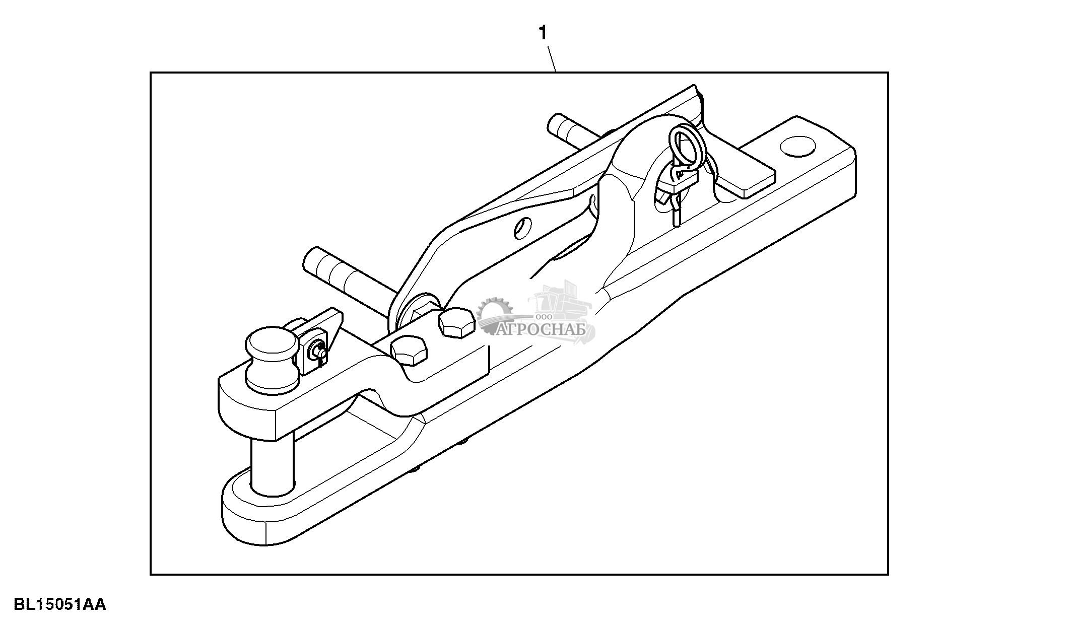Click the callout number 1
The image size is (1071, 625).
pos(543,34)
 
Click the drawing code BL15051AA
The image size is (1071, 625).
pos(59,604)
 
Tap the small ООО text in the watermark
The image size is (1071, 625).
pos(544,317)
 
